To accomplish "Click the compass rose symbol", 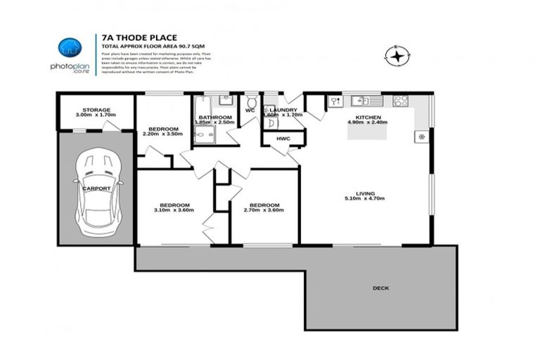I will pos(398,55).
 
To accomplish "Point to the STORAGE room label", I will pos(96,110).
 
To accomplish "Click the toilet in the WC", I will pos(251,103).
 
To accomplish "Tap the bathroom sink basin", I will pos(224,100).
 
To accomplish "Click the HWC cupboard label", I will pos(283,139).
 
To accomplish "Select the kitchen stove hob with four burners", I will pos(401,101).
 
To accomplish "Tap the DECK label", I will pos(382,288).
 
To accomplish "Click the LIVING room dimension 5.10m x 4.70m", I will pos(365,199).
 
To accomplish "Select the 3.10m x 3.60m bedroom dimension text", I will pos(172,210).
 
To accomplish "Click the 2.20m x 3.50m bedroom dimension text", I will pos(161,134).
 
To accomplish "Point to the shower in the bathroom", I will pos(204,131).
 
